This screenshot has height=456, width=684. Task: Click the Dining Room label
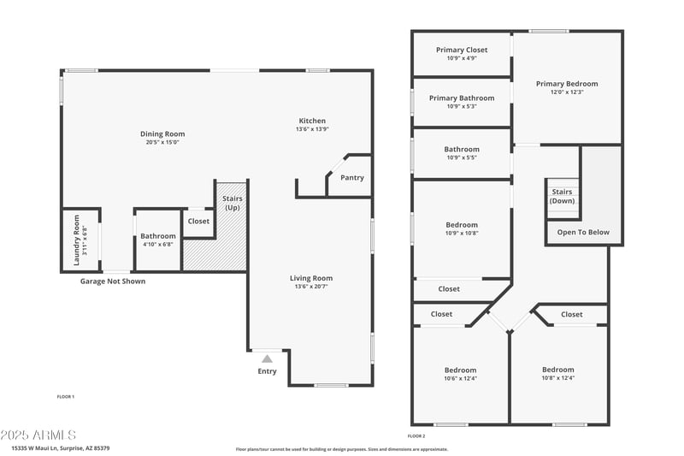coord(162,134)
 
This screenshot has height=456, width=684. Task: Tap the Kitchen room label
coord(312,121)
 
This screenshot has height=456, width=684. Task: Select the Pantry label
coord(351,178)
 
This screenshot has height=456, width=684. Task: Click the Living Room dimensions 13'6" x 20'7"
coord(311,287)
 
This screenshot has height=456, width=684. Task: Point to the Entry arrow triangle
coord(267,359)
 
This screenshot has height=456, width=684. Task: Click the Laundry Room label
coord(76,239)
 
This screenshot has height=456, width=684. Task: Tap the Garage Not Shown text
coord(113,281)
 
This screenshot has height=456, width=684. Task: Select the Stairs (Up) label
coord(233,204)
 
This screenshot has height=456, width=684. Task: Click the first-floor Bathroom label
coord(158,236)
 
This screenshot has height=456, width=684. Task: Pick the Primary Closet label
coord(462,50)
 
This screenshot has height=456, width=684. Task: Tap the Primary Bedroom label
coord(567,84)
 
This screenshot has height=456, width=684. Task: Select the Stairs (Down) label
coord(562,197)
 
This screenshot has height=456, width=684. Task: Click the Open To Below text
coord(583,232)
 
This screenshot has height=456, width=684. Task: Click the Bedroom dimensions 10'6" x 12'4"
coord(460,378)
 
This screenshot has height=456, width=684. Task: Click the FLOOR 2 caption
coord(416,436)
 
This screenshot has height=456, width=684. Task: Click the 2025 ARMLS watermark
coord(38,435)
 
